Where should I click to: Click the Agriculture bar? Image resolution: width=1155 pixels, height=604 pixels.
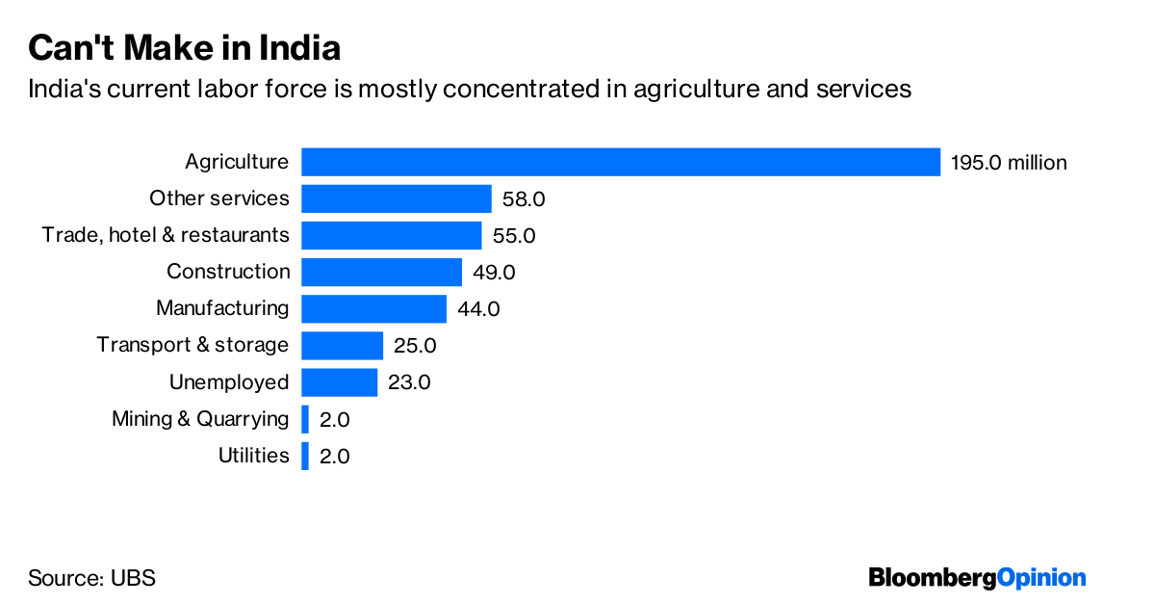[x=621, y=162]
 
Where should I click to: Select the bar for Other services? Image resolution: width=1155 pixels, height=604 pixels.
[x=397, y=198]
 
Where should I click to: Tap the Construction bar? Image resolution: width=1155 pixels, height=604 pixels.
[x=381, y=272]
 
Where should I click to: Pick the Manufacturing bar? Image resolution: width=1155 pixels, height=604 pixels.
[x=373, y=308]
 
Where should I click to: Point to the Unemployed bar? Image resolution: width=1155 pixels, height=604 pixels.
[x=339, y=382]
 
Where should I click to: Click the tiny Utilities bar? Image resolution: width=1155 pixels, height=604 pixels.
[x=305, y=456]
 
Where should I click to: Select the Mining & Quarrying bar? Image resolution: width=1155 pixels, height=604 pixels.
[x=305, y=419]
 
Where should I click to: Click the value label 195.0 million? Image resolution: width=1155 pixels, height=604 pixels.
[x=1009, y=163]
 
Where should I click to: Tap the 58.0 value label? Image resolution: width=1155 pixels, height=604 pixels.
[x=524, y=199]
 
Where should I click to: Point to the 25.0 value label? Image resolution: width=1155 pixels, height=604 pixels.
[x=415, y=346]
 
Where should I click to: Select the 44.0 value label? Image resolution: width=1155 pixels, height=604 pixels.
[x=478, y=309]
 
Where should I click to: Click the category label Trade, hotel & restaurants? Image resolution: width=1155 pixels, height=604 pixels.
[x=166, y=235]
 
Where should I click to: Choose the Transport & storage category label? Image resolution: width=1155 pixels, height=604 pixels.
[x=192, y=345]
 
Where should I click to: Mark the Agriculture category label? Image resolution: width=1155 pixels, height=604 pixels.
[x=237, y=162]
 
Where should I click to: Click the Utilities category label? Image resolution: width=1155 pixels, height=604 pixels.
[x=254, y=456]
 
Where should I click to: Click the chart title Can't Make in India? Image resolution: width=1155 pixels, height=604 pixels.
[x=184, y=47]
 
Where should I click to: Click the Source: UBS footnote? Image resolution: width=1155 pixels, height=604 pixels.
[x=91, y=578]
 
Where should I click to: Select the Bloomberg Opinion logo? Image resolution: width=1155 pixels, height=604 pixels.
[x=977, y=577]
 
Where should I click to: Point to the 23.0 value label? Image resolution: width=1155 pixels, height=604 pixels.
[x=409, y=382]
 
